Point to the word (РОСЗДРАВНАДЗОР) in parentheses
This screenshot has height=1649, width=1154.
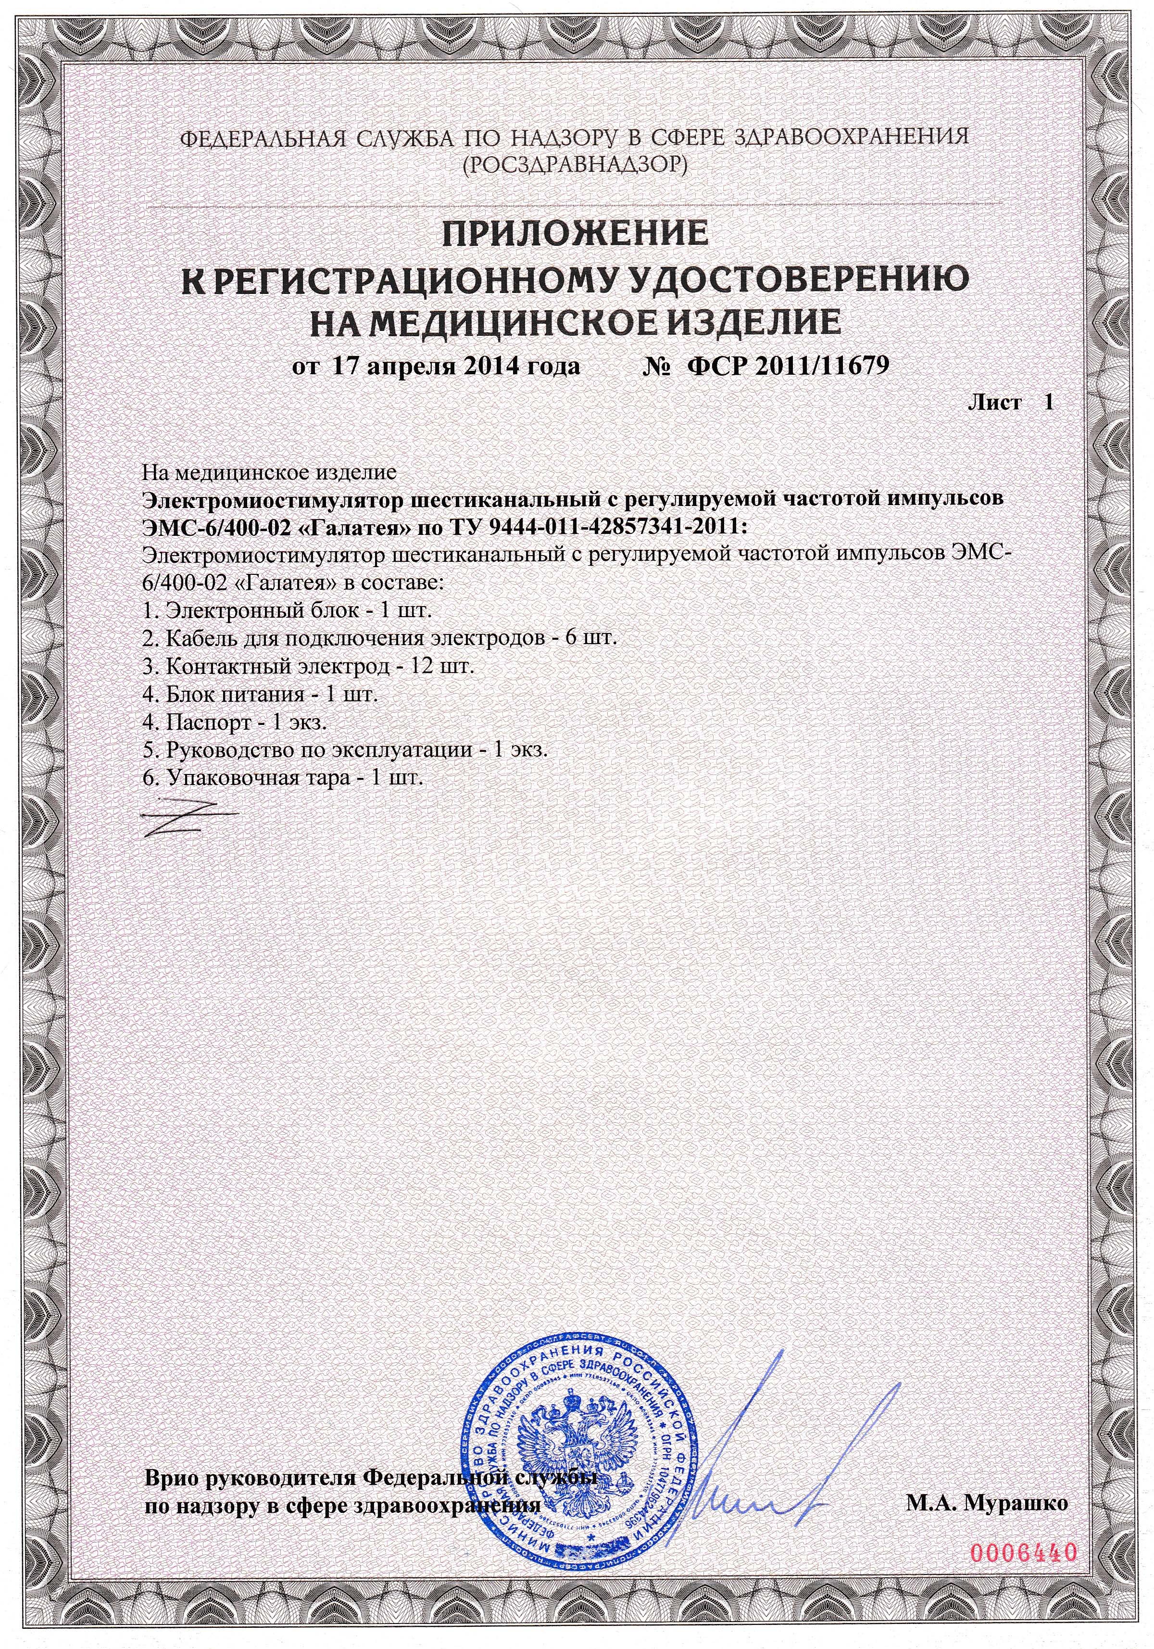click(575, 166)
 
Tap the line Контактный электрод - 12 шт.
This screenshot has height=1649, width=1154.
click(308, 667)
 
